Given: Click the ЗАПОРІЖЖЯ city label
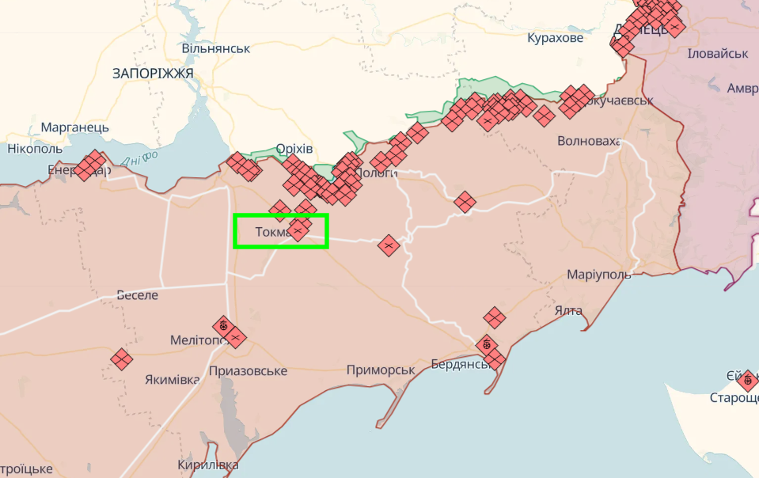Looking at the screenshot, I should pyautogui.click(x=153, y=74).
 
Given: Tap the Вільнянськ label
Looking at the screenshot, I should pyautogui.click(x=216, y=48).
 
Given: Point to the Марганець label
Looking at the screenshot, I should pyautogui.click(x=75, y=127).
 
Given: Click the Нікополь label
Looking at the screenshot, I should pyautogui.click(x=35, y=148).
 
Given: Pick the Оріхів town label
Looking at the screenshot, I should pyautogui.click(x=294, y=149).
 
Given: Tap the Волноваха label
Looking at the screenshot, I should pyautogui.click(x=589, y=142).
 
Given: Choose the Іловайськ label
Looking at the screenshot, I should pyautogui.click(x=718, y=53).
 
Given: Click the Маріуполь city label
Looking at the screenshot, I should pyautogui.click(x=599, y=275).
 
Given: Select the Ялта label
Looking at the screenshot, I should pyautogui.click(x=569, y=310).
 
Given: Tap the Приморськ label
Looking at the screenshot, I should pyautogui.click(x=381, y=370).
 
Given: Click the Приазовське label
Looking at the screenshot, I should pyautogui.click(x=248, y=370).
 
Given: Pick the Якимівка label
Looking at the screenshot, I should pyautogui.click(x=172, y=379).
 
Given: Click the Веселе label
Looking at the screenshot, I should pyautogui.click(x=137, y=295).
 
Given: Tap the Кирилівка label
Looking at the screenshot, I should pyautogui.click(x=208, y=465).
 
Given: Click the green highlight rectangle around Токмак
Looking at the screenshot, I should pyautogui.click(x=280, y=231).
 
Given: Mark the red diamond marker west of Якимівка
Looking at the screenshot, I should pyautogui.click(x=121, y=359).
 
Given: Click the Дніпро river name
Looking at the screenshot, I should pyautogui.click(x=140, y=157).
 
